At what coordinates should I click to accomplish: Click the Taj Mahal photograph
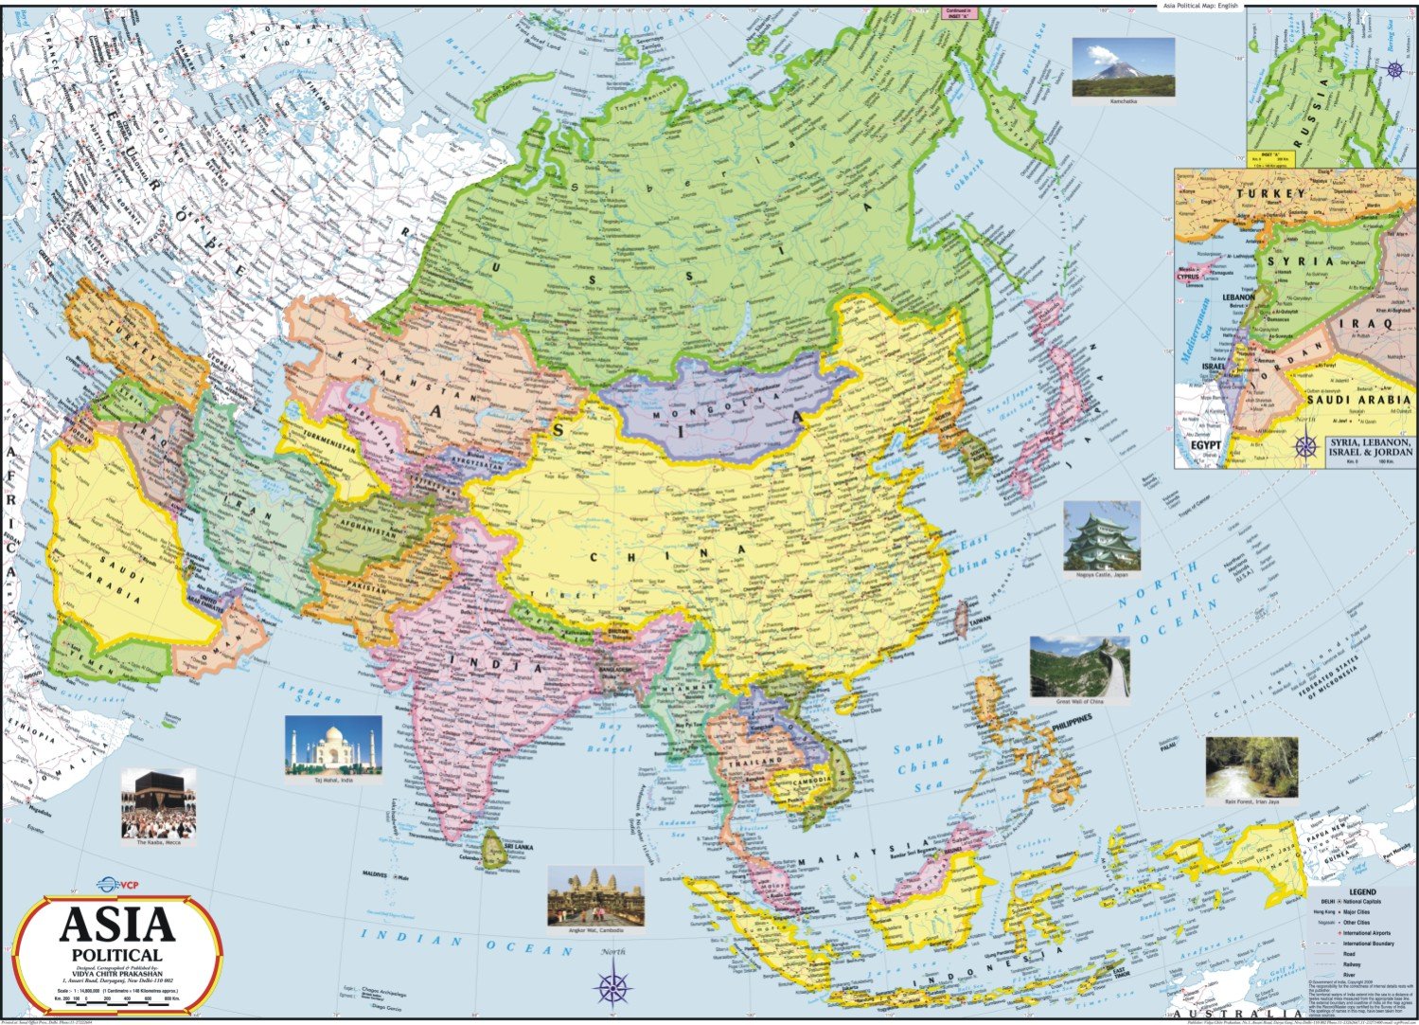coord(333,745)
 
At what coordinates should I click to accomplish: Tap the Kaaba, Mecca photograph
coord(158,801)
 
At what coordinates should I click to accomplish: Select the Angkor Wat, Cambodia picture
coord(595,896)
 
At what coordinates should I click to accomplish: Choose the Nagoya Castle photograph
coord(1101,536)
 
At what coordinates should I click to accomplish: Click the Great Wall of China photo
coord(1079,668)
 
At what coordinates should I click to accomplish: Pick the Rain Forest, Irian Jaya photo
coord(1251,766)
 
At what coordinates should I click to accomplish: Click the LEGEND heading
coord(1362,892)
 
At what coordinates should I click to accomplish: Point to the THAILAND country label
coord(755,761)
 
